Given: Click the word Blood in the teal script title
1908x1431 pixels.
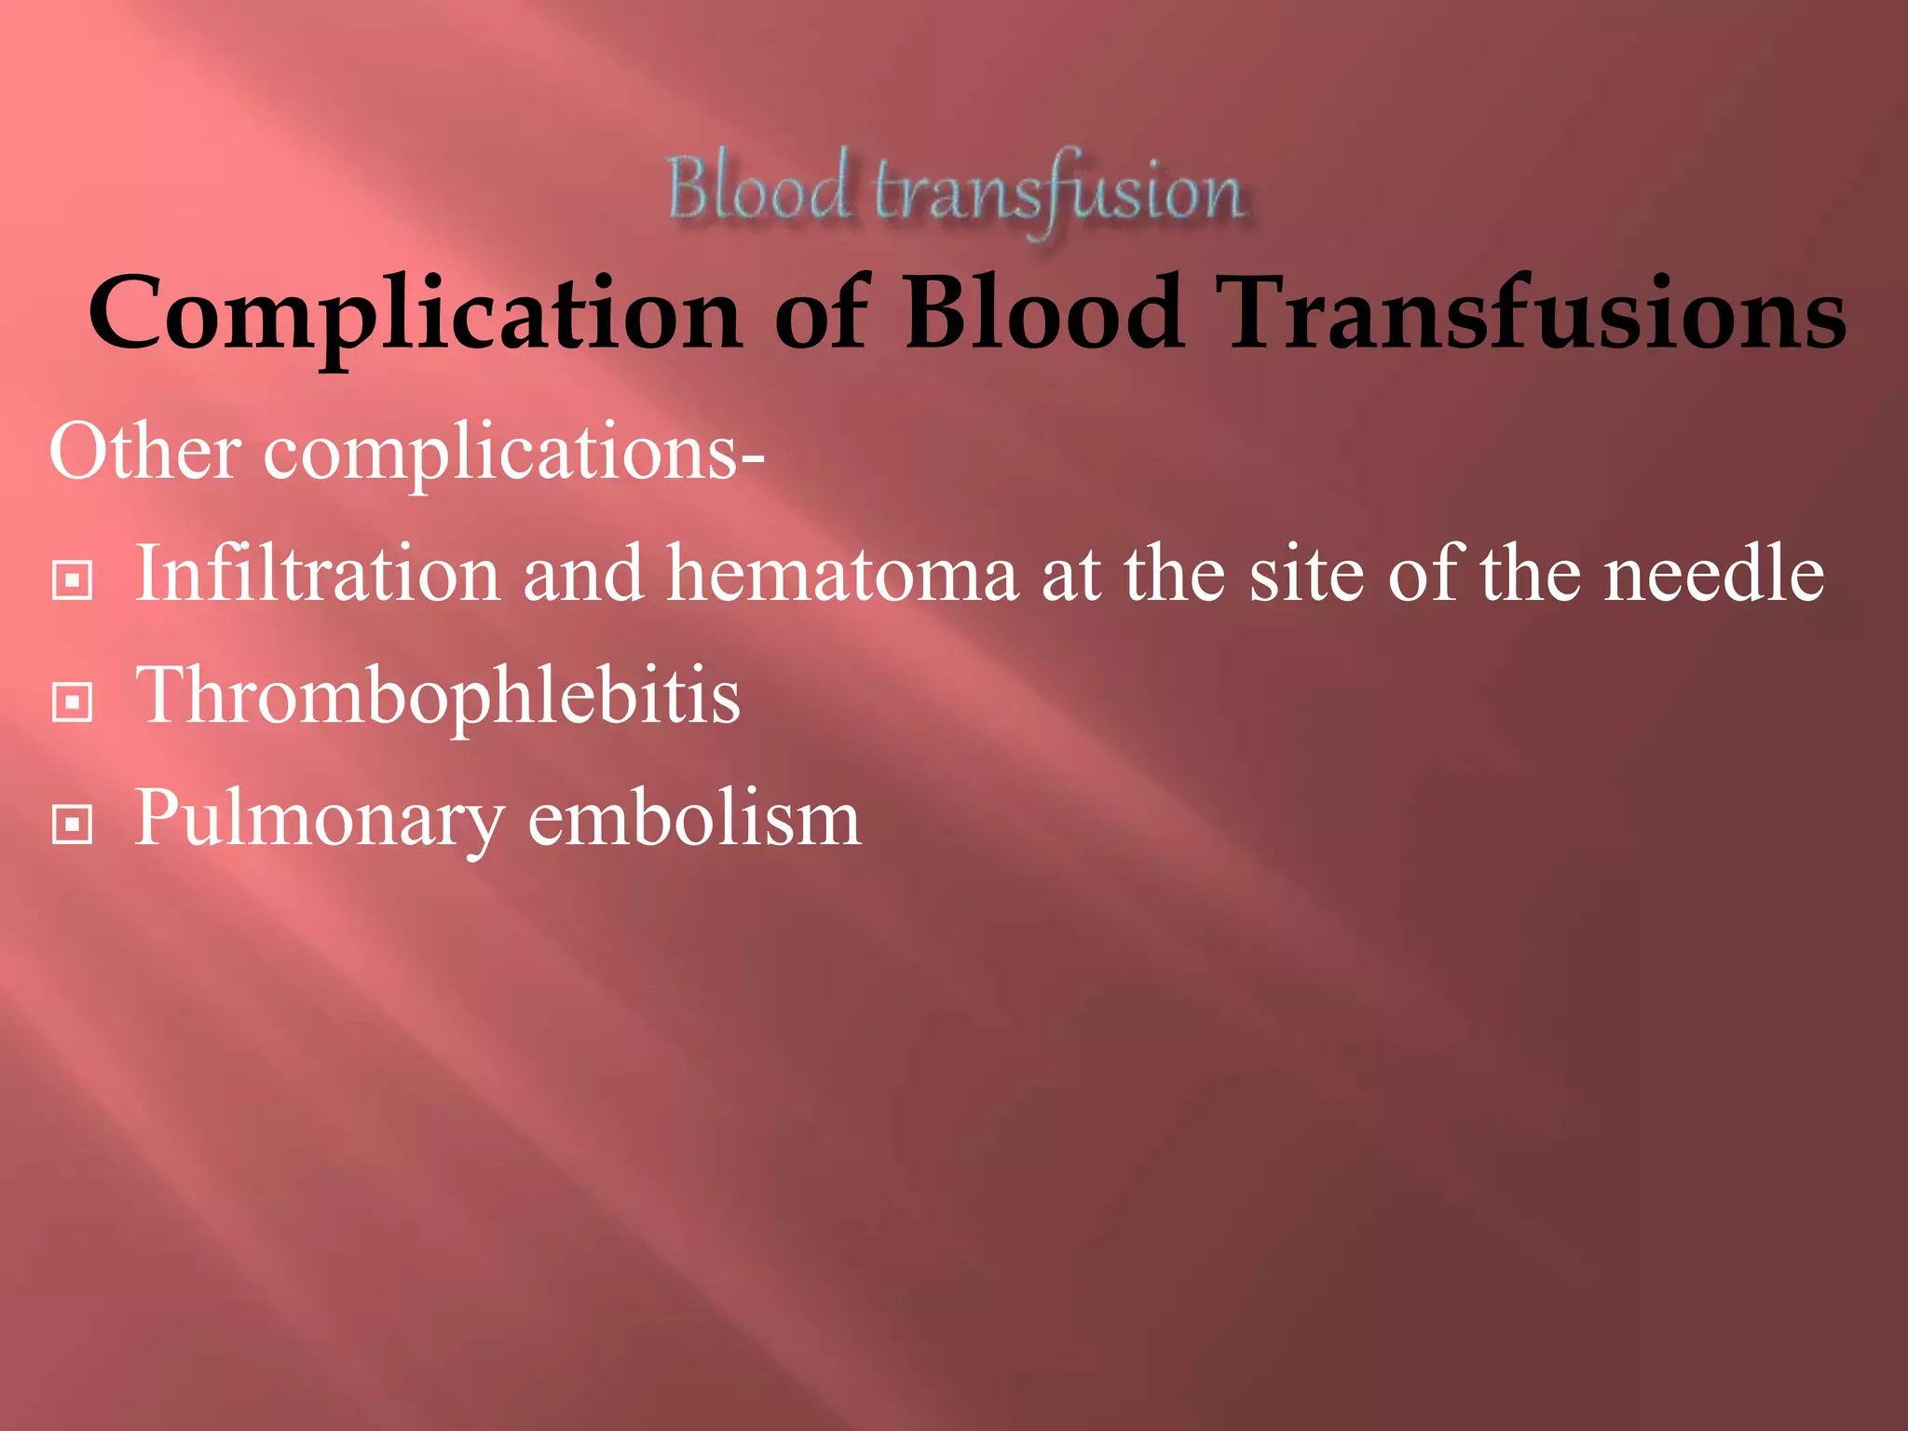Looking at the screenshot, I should (756, 189).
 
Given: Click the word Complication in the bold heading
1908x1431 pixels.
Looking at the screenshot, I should (415, 314).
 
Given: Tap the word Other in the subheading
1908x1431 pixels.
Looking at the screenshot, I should (144, 452).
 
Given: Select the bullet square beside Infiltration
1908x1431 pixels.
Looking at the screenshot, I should (73, 580).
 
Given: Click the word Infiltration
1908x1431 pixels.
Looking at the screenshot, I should (318, 574).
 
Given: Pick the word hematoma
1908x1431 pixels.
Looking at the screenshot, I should (842, 574).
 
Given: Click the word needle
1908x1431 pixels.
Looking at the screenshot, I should (1713, 574).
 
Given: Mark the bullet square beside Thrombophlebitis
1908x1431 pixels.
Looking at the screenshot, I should (73, 702).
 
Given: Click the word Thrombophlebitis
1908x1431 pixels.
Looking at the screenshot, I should (438, 697).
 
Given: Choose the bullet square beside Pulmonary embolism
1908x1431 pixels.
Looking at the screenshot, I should (73, 824).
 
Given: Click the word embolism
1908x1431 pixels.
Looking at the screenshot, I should (694, 818).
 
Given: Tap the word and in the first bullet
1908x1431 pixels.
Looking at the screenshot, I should (582, 574).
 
